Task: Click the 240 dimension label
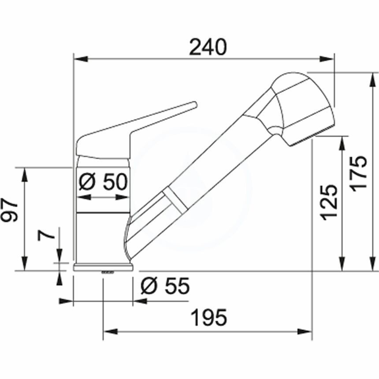tap(208, 47)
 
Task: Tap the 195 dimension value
tap(209, 317)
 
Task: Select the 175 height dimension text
tap(359, 174)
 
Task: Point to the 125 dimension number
tap(329, 203)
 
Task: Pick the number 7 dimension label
tap(46, 234)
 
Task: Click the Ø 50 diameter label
tap(103, 182)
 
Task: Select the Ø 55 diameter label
tap(165, 286)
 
